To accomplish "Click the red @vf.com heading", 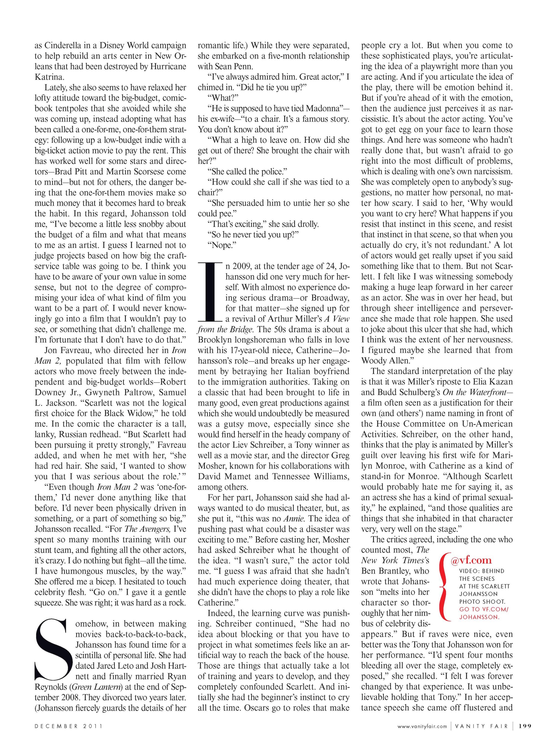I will pos(471,560).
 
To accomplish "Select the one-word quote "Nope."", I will pos(222,245).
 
